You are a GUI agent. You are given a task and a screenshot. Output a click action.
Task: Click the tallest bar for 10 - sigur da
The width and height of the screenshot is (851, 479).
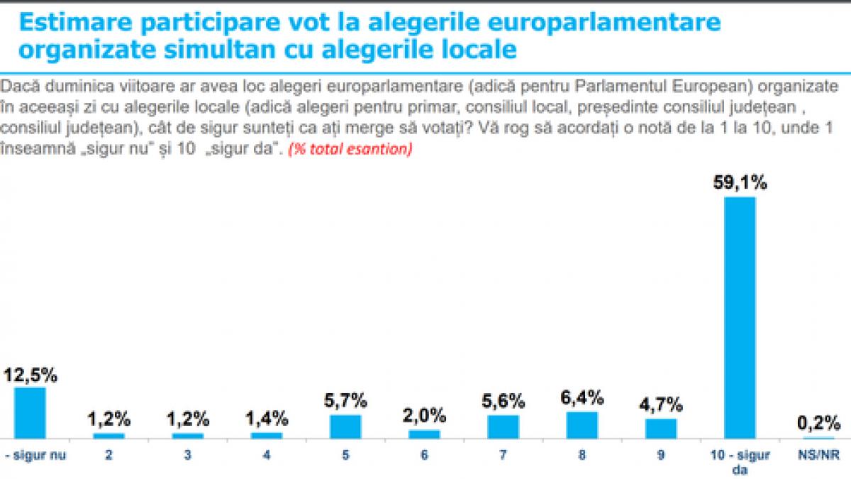click(740, 317)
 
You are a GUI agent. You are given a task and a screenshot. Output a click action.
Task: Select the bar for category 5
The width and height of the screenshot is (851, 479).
click(345, 426)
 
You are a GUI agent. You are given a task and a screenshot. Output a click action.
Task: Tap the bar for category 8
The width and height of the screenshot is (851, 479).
click(582, 424)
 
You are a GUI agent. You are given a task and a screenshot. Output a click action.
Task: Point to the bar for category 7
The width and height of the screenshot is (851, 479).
click(503, 426)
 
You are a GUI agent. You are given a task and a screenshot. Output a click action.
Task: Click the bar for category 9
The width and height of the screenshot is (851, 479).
click(660, 428)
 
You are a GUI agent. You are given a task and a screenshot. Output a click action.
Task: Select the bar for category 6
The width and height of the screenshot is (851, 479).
click(424, 434)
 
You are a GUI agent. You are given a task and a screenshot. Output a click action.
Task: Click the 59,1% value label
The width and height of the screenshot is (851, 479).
click(740, 183)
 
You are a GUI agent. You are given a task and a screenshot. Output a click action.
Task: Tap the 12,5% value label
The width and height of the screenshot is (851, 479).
click(30, 374)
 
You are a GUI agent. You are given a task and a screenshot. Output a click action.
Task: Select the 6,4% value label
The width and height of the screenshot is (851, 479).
click(582, 397)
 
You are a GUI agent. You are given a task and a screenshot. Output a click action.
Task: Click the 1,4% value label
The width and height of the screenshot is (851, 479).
click(267, 417)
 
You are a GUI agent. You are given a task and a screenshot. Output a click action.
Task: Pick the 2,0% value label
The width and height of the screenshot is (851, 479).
click(424, 414)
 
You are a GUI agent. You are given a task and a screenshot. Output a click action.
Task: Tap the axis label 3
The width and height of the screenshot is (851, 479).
click(188, 456)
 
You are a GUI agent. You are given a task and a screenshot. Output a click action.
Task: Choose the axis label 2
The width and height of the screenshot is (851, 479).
click(109, 456)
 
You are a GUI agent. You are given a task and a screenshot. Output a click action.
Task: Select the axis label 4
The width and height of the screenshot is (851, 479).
click(267, 456)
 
